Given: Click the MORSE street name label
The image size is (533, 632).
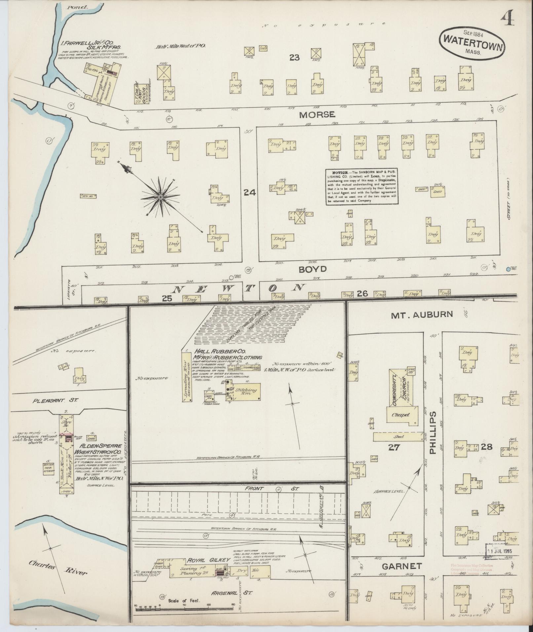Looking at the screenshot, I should pyautogui.click(x=317, y=115).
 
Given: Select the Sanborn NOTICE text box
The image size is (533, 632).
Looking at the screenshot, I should pyautogui.click(x=362, y=187).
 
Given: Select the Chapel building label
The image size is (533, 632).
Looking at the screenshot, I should pyautogui.click(x=401, y=415).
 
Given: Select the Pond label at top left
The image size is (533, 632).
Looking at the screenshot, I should pyautogui.click(x=73, y=7).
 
